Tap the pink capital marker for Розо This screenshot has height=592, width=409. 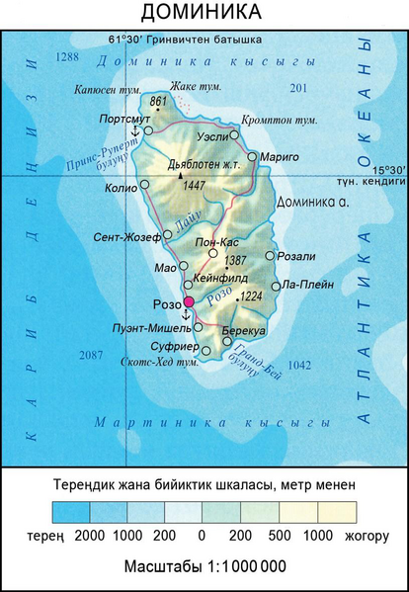point(189,301)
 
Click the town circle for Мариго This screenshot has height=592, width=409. point(253,156)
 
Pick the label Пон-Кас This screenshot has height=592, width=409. point(216,240)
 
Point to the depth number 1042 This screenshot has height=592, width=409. point(298,365)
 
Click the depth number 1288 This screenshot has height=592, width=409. point(67,58)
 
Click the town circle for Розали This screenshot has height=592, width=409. point(270,256)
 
